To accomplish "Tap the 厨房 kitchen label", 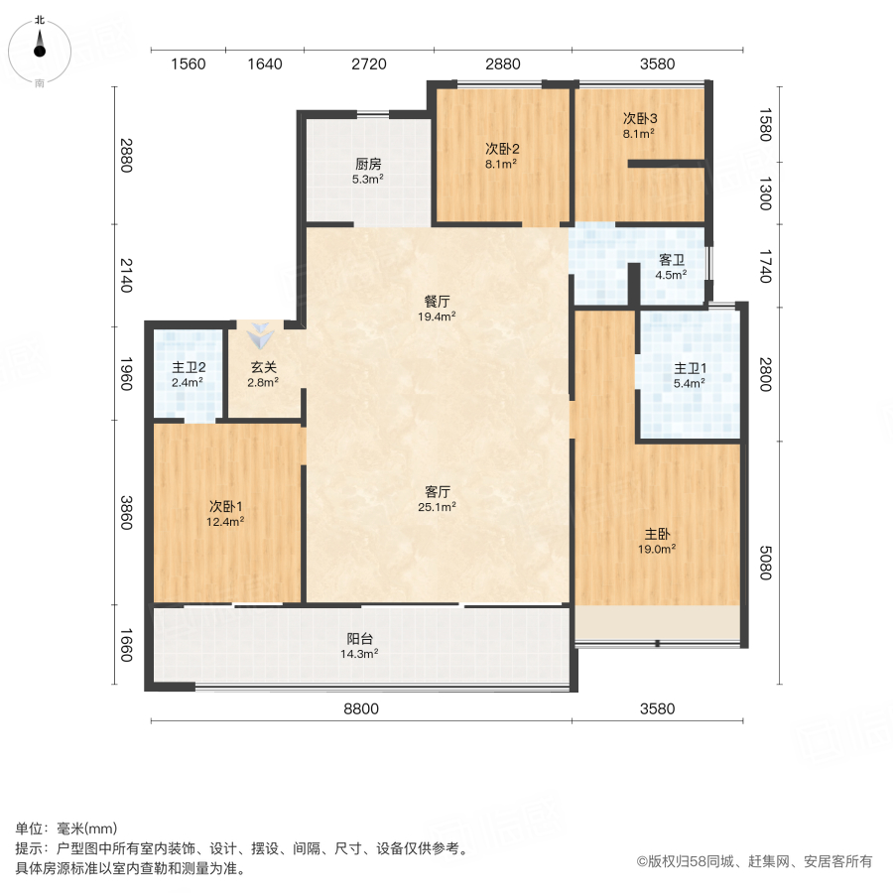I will (369, 165).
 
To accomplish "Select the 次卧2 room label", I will (502, 149).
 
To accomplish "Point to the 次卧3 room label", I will (640, 118).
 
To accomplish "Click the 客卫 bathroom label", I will (673, 260).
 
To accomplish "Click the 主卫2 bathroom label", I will (188, 366).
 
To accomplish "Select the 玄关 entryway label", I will (263, 366).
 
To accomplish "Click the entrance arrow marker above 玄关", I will (261, 336).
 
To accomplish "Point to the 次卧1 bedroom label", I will (226, 505).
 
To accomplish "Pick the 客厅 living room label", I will (439, 491).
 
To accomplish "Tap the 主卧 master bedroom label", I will (658, 532).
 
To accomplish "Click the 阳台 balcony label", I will (360, 639).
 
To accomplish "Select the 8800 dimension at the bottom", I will (361, 708).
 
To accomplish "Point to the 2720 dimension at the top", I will (368, 64).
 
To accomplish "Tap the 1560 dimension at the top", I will (188, 64).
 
